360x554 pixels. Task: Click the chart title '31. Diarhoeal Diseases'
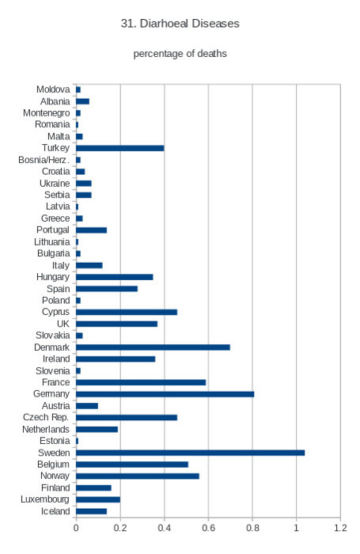pyautogui.click(x=180, y=23)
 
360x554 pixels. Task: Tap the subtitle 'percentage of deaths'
pyautogui.click(x=180, y=54)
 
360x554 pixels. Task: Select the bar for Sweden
pyautogui.click(x=191, y=453)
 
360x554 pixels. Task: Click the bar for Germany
pyautogui.click(x=165, y=394)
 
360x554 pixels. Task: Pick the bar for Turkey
pyautogui.click(x=120, y=148)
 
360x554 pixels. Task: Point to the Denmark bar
pyautogui.click(x=153, y=347)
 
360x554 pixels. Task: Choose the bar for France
pyautogui.click(x=141, y=382)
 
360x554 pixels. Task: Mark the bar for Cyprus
pyautogui.click(x=127, y=312)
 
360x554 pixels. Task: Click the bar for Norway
pyautogui.click(x=138, y=476)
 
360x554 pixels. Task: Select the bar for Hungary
pyautogui.click(x=115, y=277)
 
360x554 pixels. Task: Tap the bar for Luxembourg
pyautogui.click(x=98, y=499)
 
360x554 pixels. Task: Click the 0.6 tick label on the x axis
pyautogui.click(x=208, y=528)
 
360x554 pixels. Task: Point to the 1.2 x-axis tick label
pyautogui.click(x=340, y=528)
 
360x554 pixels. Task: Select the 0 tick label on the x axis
pyautogui.click(x=76, y=528)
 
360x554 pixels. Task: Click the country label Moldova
pyautogui.click(x=53, y=89)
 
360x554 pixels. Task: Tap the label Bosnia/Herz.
pyautogui.click(x=44, y=160)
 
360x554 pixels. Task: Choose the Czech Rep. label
pyautogui.click(x=46, y=417)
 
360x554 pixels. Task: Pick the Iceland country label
pyautogui.click(x=55, y=511)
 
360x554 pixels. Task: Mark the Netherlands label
pyautogui.click(x=46, y=429)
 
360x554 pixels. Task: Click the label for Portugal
pyautogui.click(x=53, y=230)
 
